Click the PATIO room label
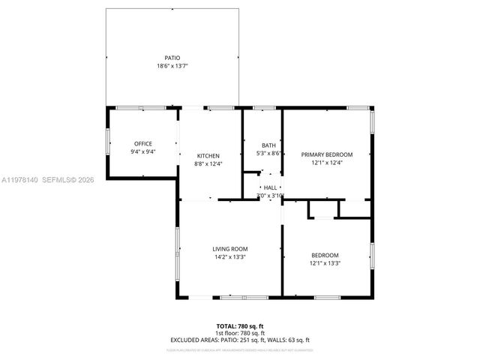point(172,58)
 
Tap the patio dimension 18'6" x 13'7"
point(172,66)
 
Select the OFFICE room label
point(143,143)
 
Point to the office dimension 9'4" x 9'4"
point(143,151)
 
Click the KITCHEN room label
point(208,155)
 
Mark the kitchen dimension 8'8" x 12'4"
point(208,163)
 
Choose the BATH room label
point(268,145)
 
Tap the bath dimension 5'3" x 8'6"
point(268,154)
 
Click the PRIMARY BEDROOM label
point(327,154)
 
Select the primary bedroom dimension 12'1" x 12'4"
point(327,163)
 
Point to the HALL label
point(270,187)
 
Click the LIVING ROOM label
point(230,249)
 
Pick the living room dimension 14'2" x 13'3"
point(230,257)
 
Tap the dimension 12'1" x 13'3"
point(325,263)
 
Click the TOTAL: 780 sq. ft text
point(240,326)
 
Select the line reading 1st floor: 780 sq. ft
point(240,333)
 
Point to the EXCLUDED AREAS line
point(240,340)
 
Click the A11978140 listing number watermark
point(18,180)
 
